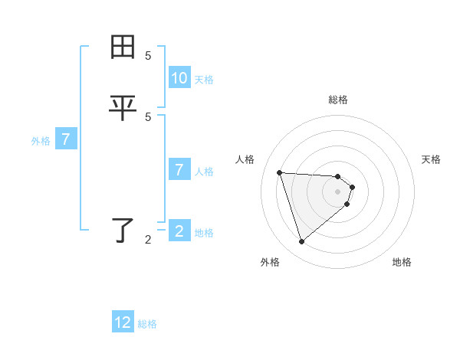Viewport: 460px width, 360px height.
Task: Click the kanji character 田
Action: [123, 47]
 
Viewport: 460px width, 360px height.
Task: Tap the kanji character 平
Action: [123, 108]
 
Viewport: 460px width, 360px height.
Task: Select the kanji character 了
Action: [123, 230]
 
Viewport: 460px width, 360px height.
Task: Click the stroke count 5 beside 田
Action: [148, 56]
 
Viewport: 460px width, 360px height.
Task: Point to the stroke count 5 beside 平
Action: [148, 116]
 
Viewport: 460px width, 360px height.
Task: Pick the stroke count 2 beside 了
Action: [148, 240]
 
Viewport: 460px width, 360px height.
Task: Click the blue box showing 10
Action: [179, 78]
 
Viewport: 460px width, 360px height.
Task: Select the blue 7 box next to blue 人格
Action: [179, 170]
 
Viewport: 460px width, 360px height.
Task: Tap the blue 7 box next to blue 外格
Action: [66, 139]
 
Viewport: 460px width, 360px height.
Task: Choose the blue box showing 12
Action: [123, 322]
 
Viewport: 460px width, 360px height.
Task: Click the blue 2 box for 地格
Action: [179, 231]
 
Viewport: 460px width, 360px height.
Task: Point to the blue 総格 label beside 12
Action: [147, 324]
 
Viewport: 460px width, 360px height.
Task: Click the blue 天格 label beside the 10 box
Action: [204, 80]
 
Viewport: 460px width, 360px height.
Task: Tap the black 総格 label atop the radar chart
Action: [338, 100]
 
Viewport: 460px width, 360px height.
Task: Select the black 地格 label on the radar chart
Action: [402, 262]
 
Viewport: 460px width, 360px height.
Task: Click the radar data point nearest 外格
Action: [301, 242]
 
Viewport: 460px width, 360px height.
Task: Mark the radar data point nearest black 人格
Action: [279, 172]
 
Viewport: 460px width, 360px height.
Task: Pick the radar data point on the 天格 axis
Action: [352, 187]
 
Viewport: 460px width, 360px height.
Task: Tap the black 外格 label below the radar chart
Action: [270, 262]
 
